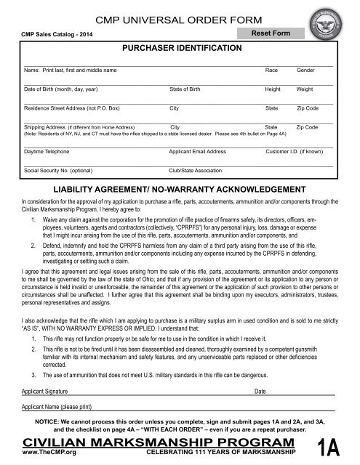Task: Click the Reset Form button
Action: tap(271, 33)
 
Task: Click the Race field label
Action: tap(272, 70)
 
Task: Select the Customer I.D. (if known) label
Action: tap(295, 153)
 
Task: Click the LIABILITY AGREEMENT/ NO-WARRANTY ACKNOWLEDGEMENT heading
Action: tap(180, 187)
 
